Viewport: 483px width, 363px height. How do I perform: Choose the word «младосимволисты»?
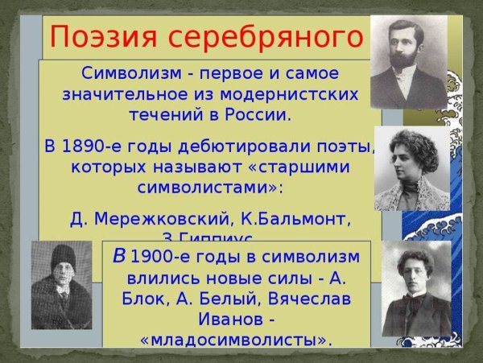[x=235, y=339]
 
